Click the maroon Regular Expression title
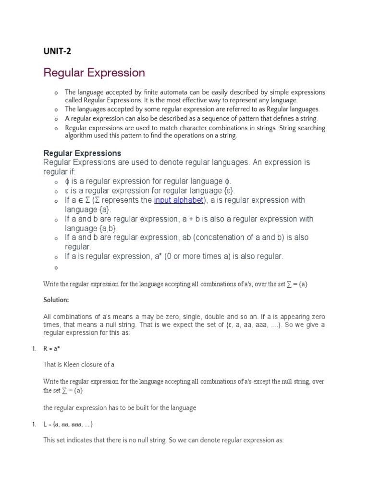[94, 73]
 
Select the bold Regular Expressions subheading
[82, 153]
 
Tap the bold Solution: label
[56, 300]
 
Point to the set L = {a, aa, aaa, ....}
[68, 424]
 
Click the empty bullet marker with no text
[56, 268]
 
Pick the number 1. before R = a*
[34, 349]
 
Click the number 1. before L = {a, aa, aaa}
[34, 424]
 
